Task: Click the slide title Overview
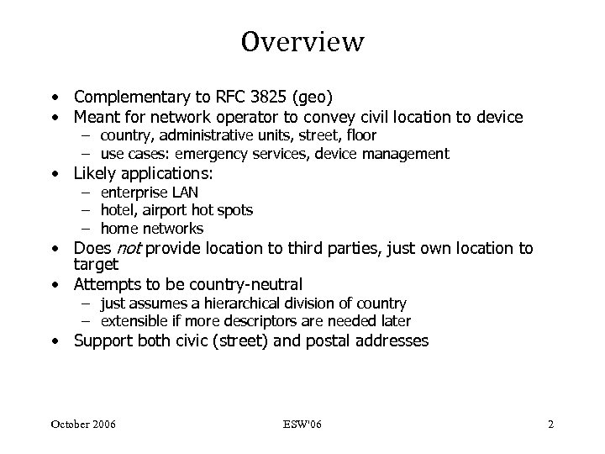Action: (x=302, y=41)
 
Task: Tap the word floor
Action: (x=359, y=135)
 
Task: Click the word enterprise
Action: (x=133, y=193)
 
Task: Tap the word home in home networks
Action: (x=118, y=228)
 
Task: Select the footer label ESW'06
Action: (x=302, y=424)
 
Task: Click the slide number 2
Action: (x=550, y=424)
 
